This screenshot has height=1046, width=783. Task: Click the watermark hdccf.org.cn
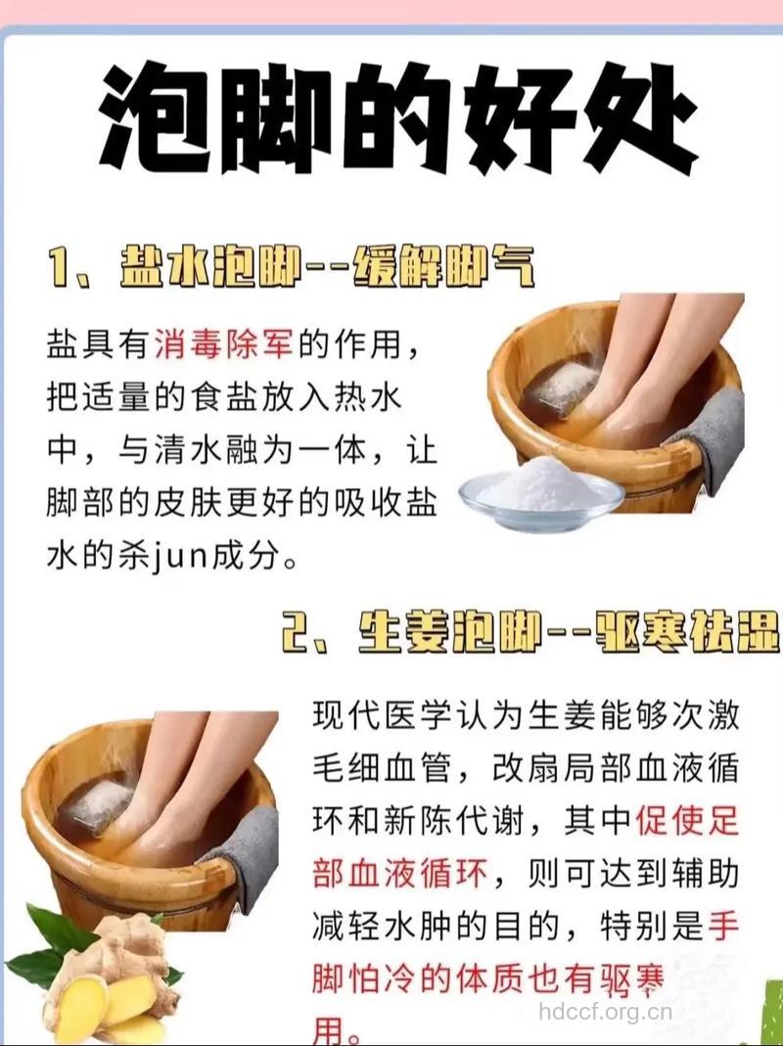608,1010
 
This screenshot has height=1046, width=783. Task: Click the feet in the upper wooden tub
626,372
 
